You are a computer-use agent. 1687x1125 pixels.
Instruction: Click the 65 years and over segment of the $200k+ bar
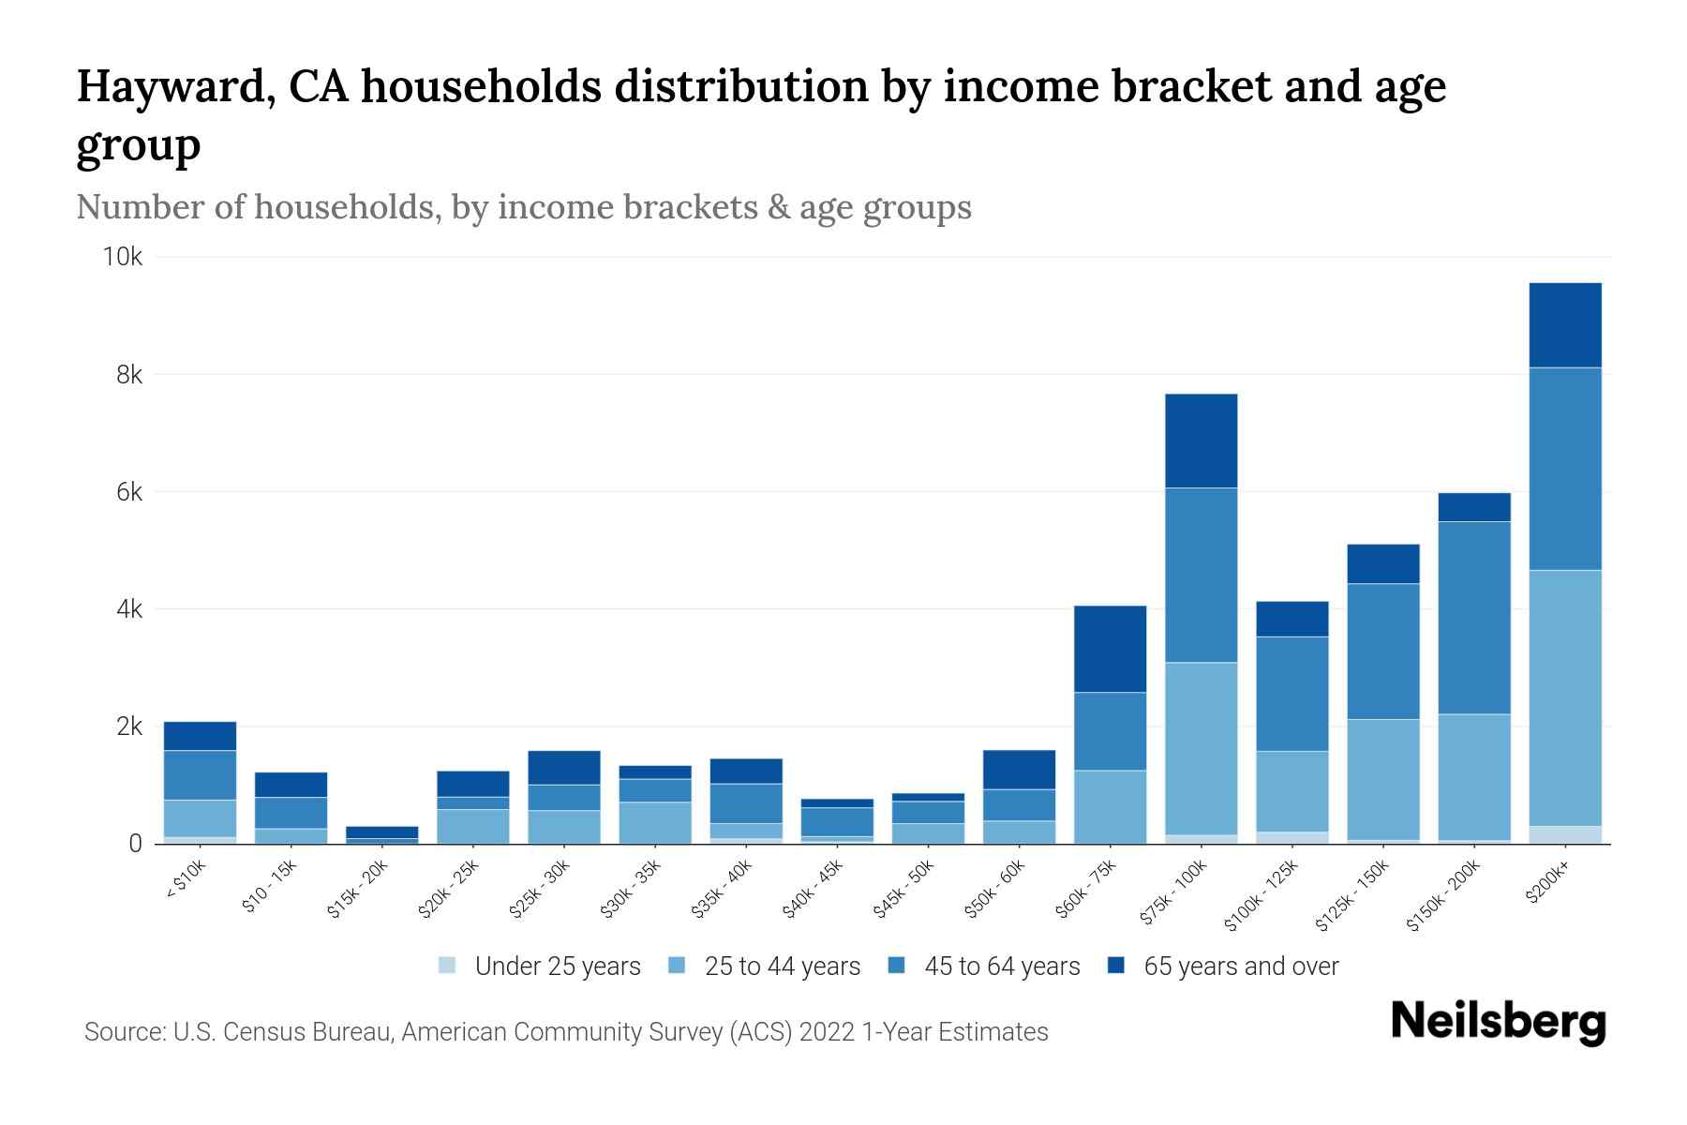click(x=1564, y=324)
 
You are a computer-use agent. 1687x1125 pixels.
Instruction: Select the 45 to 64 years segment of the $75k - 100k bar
click(x=1201, y=575)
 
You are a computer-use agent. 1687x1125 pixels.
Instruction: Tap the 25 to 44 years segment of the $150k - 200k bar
click(x=1474, y=776)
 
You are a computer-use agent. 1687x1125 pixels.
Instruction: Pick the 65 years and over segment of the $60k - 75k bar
click(x=1110, y=649)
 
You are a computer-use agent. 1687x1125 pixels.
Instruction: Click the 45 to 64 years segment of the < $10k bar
click(x=200, y=774)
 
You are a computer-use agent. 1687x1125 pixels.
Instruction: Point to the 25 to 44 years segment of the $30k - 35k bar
click(x=655, y=822)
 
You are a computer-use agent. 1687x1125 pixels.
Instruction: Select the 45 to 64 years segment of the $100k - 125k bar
click(x=1291, y=694)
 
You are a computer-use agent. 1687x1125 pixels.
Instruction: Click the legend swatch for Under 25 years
click(x=447, y=966)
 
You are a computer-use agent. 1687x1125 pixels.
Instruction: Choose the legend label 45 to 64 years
click(x=1002, y=967)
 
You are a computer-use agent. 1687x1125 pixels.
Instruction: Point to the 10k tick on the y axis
click(x=123, y=257)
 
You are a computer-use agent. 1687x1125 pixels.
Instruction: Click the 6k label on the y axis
click(x=129, y=492)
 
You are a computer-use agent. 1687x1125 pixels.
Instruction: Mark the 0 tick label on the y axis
click(x=136, y=844)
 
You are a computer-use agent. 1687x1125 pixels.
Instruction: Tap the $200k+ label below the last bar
click(x=1546, y=882)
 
